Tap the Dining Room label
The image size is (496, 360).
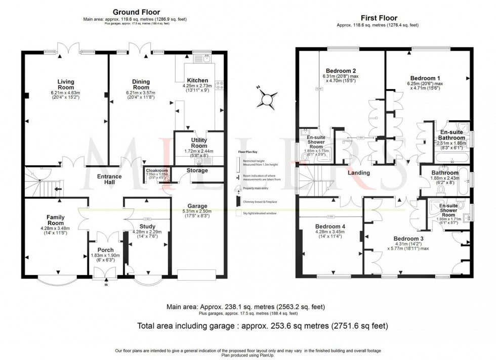(x=141, y=84)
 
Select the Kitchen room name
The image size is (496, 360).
(x=197, y=80)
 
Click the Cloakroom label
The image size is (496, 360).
(x=156, y=170)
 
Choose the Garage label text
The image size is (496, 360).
(x=198, y=206)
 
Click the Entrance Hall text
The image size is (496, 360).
(x=109, y=179)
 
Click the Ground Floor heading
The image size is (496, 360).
(x=136, y=12)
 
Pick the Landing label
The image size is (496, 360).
(x=359, y=173)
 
